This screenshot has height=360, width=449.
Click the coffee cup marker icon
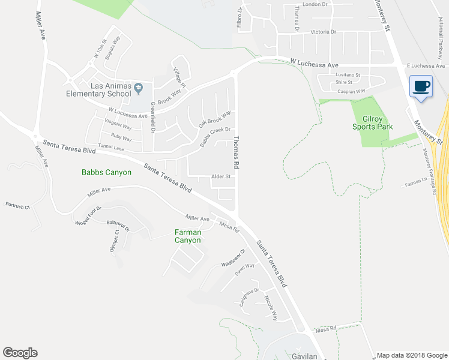[x=421, y=86]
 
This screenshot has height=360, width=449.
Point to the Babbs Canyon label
[x=106, y=172]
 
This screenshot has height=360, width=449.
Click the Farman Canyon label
[x=187, y=236]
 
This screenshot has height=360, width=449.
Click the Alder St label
[x=220, y=176]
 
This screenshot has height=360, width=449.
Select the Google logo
[x=20, y=353]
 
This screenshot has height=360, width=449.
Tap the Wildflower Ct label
[x=234, y=259]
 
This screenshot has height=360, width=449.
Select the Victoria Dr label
[x=325, y=32]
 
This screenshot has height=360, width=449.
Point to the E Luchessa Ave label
[x=426, y=65]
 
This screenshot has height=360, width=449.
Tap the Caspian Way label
[x=351, y=91]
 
